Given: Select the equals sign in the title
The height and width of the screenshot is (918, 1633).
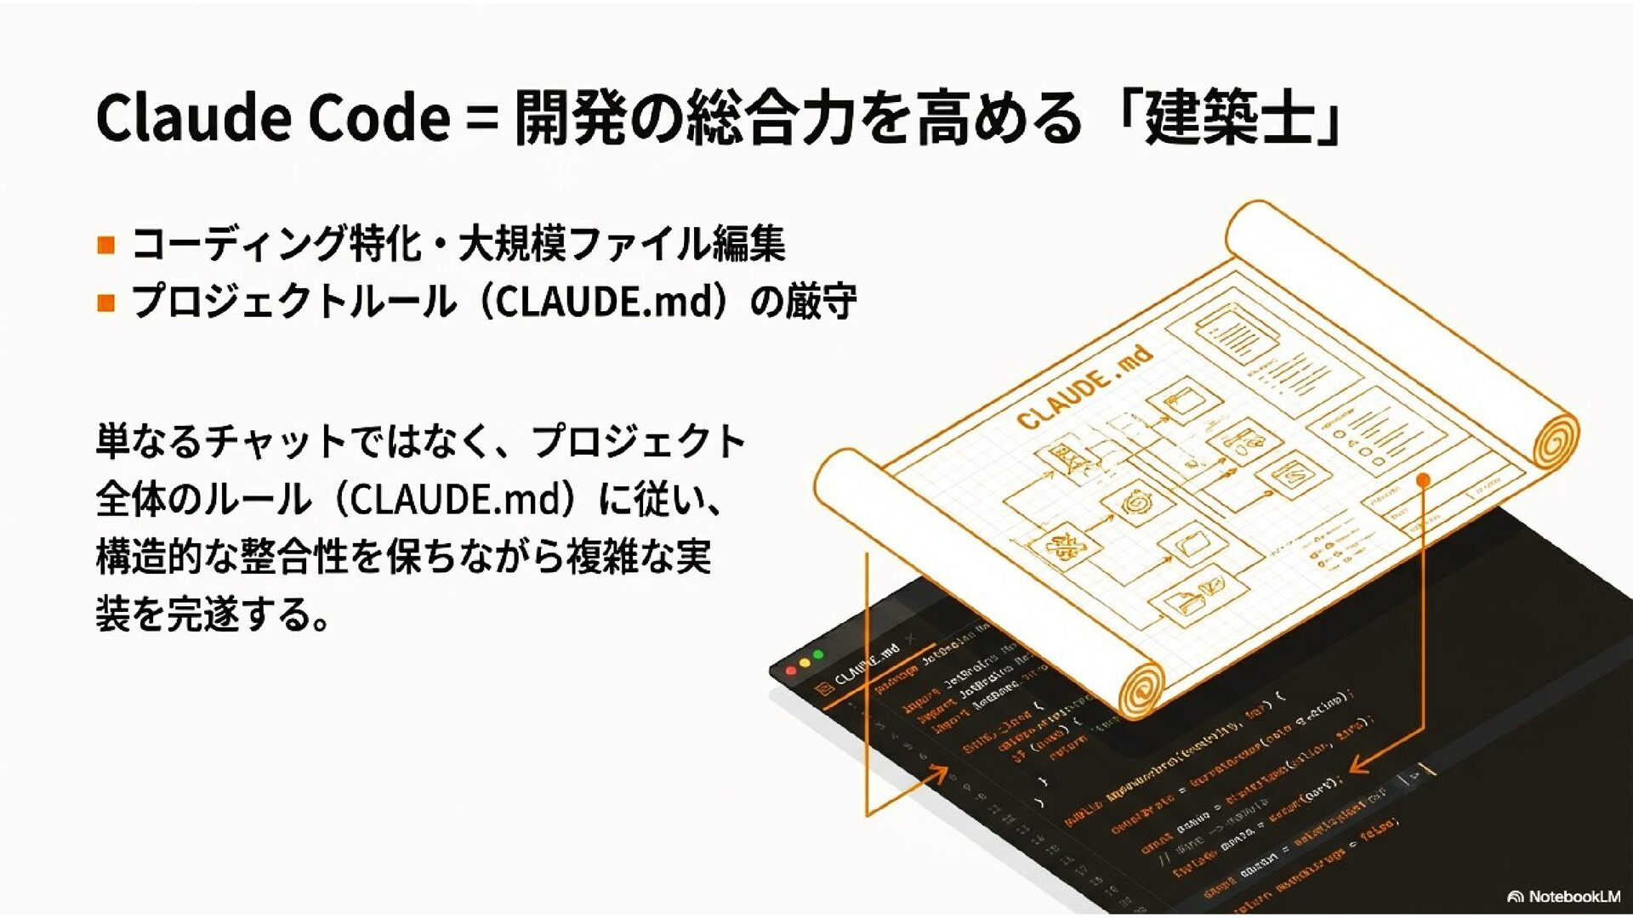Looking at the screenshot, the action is pyautogui.click(x=481, y=119).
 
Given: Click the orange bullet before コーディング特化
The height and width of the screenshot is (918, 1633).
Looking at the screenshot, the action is pyautogui.click(x=106, y=246).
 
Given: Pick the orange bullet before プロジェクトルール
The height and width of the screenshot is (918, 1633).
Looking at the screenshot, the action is pyautogui.click(x=106, y=303).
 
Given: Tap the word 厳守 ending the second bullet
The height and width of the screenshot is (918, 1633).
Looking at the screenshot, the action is pyautogui.click(x=822, y=302).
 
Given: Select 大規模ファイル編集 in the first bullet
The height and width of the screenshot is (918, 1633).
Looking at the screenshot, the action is pyautogui.click(x=622, y=244).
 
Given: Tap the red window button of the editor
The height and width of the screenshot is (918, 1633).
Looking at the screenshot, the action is pyautogui.click(x=791, y=671).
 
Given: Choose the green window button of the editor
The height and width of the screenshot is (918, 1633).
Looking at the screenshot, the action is pyautogui.click(x=818, y=654).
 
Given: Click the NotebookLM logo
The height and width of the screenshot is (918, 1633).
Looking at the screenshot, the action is pyautogui.click(x=1563, y=896).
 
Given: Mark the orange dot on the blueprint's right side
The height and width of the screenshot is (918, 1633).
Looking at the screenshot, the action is pyautogui.click(x=1423, y=480).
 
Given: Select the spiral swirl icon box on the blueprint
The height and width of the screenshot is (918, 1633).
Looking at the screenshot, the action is pyautogui.click(x=1134, y=503).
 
